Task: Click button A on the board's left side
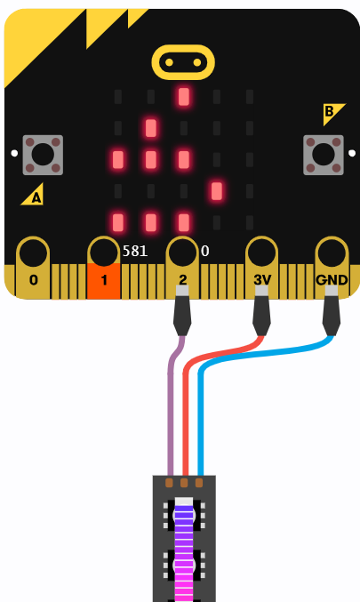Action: coord(43,155)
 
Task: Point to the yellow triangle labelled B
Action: coord(332,113)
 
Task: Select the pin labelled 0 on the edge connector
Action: coord(33,268)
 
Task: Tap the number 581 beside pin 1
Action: coord(135,251)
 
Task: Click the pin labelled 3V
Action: coord(261,268)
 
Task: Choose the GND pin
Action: coord(332,268)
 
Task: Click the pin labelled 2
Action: coord(182,268)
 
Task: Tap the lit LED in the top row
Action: coord(184,96)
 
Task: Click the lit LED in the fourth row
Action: coord(217,191)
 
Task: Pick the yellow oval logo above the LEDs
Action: coord(183,62)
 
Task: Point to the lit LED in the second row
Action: coord(151,128)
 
